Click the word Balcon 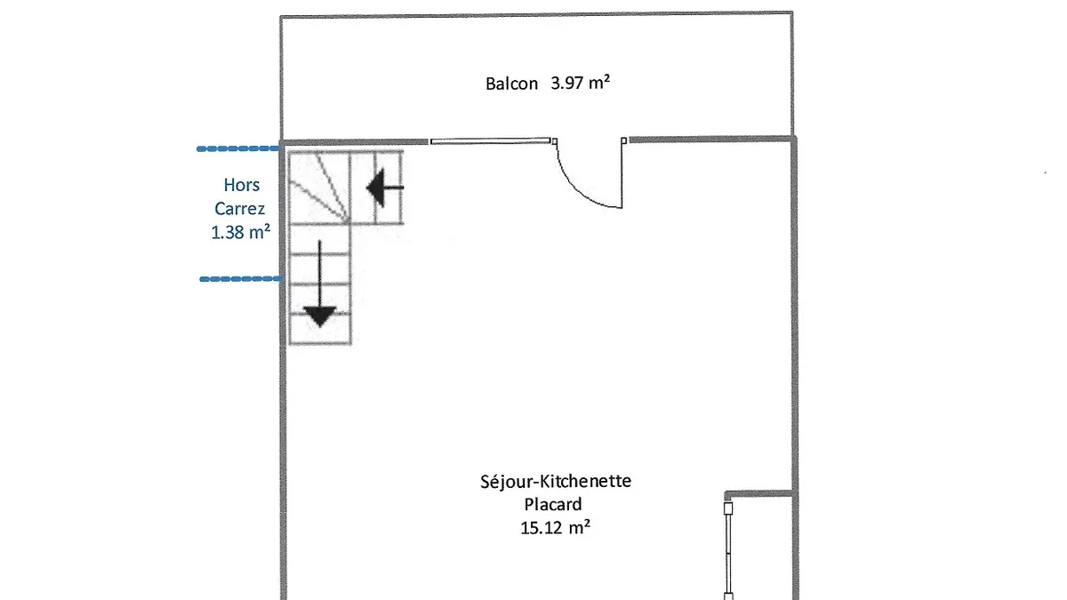click(x=511, y=84)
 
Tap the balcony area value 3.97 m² click(x=580, y=83)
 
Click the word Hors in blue click(x=242, y=185)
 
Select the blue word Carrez click(x=239, y=209)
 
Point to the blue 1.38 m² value click(x=241, y=232)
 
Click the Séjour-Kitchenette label click(x=556, y=481)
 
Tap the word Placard click(x=553, y=504)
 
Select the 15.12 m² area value click(x=555, y=528)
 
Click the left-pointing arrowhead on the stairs click(x=375, y=188)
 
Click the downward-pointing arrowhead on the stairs click(x=319, y=316)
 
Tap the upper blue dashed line click(x=238, y=148)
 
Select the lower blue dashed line click(x=241, y=279)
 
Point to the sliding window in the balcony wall click(x=490, y=141)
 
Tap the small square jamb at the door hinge click(x=555, y=141)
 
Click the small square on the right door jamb click(x=623, y=140)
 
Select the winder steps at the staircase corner click(x=319, y=188)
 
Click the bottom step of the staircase click(x=320, y=330)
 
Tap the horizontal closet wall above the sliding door click(x=758, y=494)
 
